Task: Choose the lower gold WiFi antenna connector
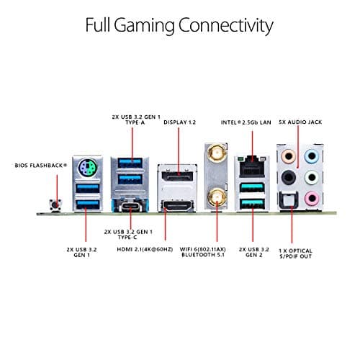214,194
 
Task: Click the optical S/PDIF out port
289,202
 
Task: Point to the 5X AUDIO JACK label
301,122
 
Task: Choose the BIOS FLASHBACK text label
41,165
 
